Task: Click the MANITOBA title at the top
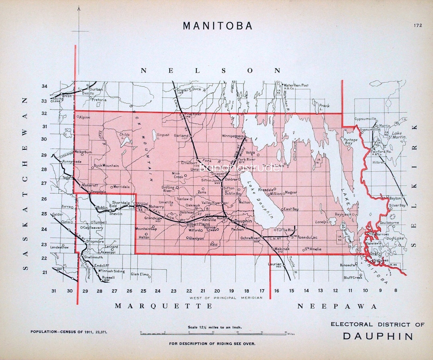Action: tap(218, 26)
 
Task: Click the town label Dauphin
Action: tap(243, 221)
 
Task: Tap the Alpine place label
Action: tap(85, 117)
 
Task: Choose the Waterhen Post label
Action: tap(296, 85)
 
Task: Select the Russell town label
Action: tap(108, 277)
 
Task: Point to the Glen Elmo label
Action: tap(140, 275)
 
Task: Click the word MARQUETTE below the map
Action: tap(164, 306)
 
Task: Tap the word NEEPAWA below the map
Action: tap(337, 307)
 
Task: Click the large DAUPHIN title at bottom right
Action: tap(378, 336)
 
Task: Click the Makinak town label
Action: tap(281, 249)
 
